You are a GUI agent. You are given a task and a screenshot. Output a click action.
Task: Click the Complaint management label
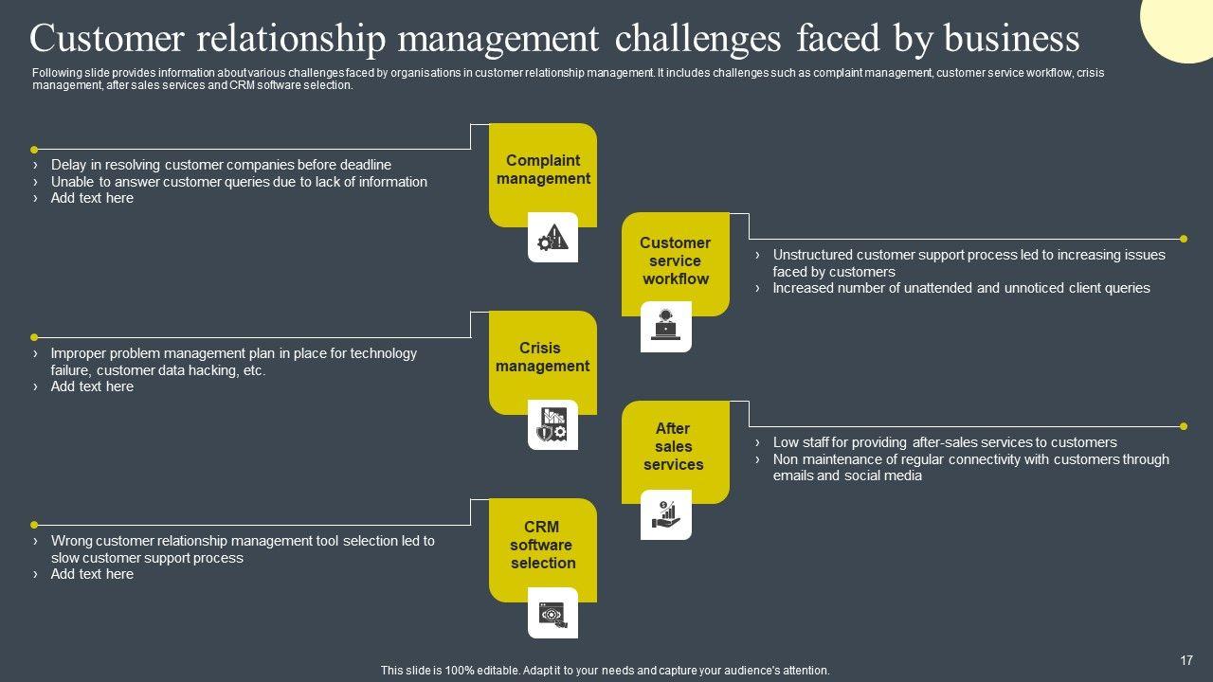pos(543,170)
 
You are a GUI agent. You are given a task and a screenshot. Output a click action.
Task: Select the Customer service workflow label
pos(675,260)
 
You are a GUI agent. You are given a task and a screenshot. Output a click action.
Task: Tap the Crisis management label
pos(542,357)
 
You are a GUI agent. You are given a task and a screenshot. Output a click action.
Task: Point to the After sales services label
pos(674,446)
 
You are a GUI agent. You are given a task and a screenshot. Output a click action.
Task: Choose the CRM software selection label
pos(542,545)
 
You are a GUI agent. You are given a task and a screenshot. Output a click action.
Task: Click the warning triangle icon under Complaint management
pos(552,238)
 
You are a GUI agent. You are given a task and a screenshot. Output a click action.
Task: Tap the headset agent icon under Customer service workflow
pos(666,326)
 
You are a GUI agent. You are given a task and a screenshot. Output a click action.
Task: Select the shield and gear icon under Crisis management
pos(552,425)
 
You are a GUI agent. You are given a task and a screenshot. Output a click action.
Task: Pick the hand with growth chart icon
pos(666,514)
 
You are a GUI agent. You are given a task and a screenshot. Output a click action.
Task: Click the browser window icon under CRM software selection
pos(552,614)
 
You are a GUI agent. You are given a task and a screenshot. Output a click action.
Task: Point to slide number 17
pos(1186,660)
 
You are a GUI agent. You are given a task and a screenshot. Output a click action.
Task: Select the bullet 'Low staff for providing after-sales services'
pos(945,442)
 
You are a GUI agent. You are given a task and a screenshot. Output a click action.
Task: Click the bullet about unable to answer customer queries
pos(239,182)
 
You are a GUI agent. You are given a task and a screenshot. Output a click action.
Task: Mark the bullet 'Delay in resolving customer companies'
pos(221,165)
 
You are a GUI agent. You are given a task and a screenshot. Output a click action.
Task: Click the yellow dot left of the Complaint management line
pos(34,150)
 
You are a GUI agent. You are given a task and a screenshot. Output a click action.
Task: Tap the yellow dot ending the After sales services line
pos(1184,426)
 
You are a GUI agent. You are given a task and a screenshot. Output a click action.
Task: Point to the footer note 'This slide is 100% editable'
pos(605,671)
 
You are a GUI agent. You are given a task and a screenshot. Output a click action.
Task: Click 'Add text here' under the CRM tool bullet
pos(92,574)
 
